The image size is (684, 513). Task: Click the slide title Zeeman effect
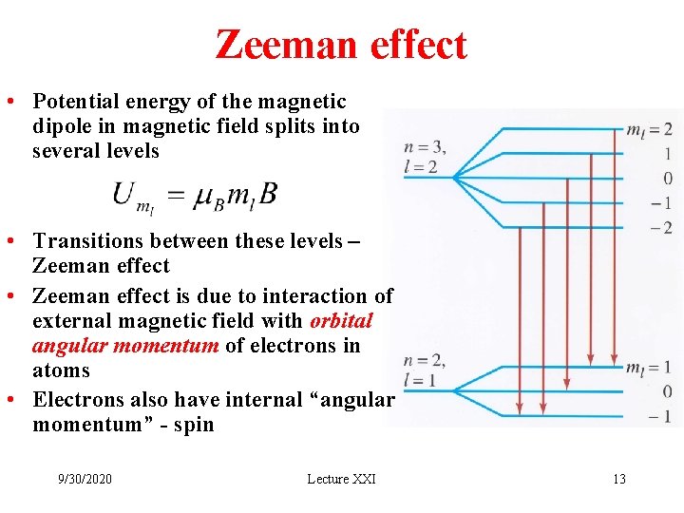point(341,45)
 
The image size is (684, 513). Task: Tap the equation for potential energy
point(195,197)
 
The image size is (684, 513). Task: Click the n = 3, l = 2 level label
point(425,157)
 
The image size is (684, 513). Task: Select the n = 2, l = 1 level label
point(424,370)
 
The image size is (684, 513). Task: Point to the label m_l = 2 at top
point(649,129)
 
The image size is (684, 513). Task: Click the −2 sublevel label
point(661,228)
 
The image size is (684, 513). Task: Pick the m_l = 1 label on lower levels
point(649,368)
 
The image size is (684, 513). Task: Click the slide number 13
point(618,479)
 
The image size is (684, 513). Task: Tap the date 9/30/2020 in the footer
point(85,479)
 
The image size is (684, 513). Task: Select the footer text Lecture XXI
point(341,479)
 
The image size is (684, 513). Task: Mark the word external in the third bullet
point(71,321)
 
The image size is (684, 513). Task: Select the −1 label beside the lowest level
point(661,416)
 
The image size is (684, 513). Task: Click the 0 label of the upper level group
point(668,179)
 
